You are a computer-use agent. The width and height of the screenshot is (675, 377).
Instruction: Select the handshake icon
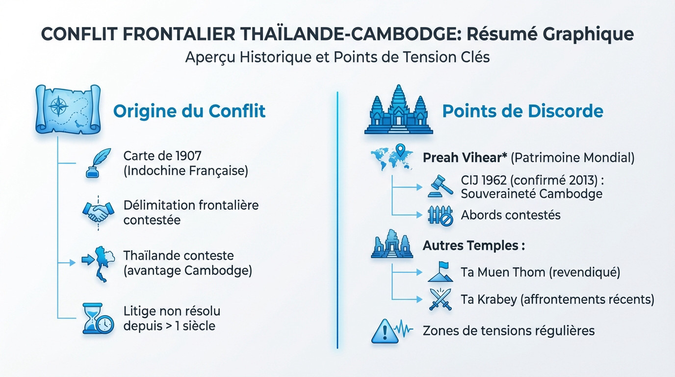[97, 213]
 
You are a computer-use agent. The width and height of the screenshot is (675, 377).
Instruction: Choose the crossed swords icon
[441, 299]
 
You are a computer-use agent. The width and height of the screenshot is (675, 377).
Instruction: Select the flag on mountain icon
[441, 271]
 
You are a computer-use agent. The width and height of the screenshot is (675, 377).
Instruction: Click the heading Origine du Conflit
[189, 111]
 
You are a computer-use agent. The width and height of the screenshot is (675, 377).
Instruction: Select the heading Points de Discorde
[522, 111]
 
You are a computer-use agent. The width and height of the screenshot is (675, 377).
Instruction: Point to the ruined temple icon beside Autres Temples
[391, 244]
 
